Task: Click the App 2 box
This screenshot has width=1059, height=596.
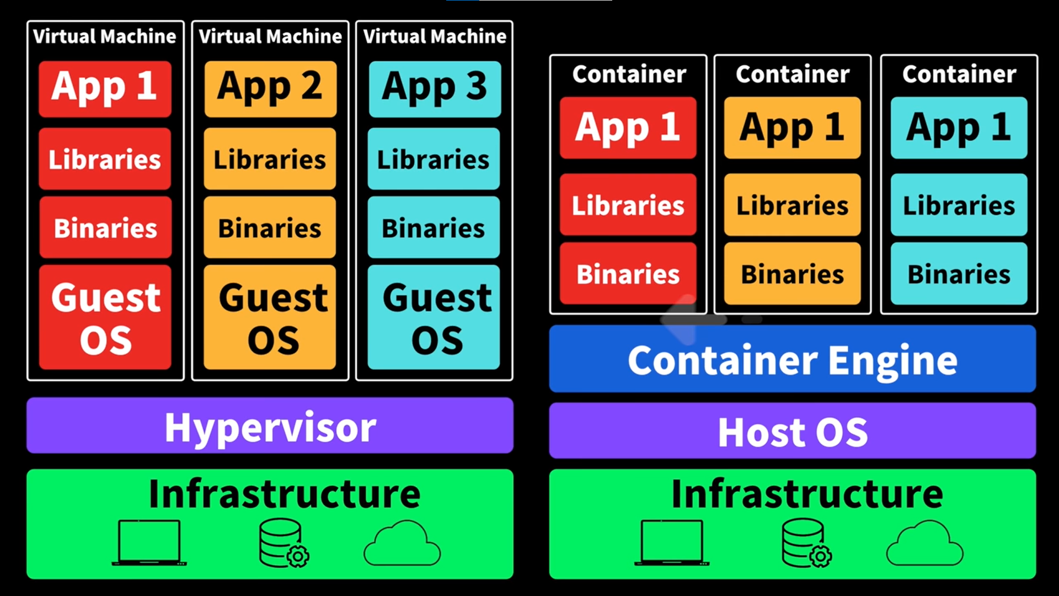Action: pyautogui.click(x=270, y=88)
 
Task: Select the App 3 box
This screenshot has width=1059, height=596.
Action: pyautogui.click(x=435, y=88)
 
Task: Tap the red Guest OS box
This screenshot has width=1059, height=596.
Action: pyautogui.click(x=105, y=317)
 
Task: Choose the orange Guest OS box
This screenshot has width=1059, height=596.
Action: pyautogui.click(x=270, y=317)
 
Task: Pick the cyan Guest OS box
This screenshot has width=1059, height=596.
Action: pyautogui.click(x=434, y=317)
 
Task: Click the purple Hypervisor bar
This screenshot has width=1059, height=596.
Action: pyautogui.click(x=270, y=426)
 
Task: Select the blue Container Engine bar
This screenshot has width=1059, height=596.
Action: pyautogui.click(x=792, y=359)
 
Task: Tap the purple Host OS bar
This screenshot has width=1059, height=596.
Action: pyautogui.click(x=792, y=430)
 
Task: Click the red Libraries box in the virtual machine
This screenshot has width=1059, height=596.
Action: pyautogui.click(x=105, y=159)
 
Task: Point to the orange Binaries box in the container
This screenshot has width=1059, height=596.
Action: pyautogui.click(x=792, y=274)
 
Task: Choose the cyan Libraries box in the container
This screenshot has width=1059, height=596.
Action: pyautogui.click(x=959, y=205)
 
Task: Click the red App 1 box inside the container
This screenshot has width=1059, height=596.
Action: pyautogui.click(x=628, y=127)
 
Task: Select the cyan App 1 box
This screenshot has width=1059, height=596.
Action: pyautogui.click(x=959, y=127)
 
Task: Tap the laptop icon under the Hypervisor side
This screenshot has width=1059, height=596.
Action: pyautogui.click(x=149, y=543)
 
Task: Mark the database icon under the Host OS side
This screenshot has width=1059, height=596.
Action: pyautogui.click(x=806, y=543)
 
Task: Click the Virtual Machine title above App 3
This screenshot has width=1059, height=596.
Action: pyautogui.click(x=435, y=36)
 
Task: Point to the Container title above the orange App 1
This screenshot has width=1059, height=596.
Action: pyautogui.click(x=792, y=74)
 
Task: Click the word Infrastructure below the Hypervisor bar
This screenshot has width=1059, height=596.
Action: pyautogui.click(x=284, y=494)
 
